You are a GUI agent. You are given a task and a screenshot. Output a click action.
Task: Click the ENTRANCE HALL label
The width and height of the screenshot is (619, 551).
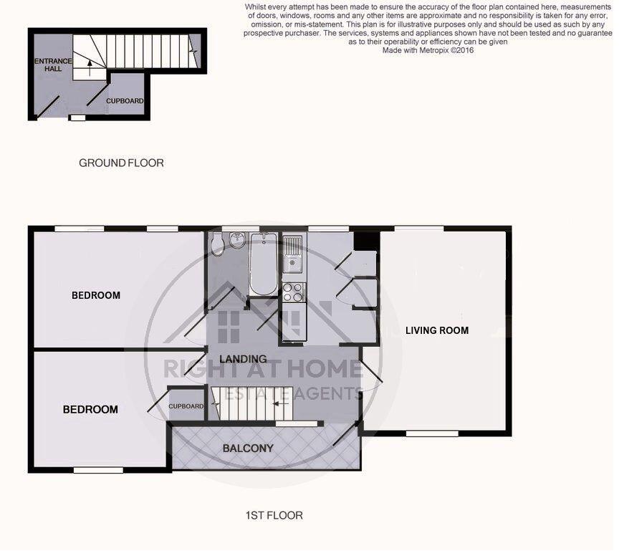(53, 65)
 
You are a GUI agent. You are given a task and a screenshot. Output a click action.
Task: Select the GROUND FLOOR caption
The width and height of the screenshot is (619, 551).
(121, 163)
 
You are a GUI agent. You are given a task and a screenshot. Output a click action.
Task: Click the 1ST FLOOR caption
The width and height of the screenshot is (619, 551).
(274, 515)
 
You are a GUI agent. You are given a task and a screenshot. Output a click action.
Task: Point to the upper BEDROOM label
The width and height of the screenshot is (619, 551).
(95, 295)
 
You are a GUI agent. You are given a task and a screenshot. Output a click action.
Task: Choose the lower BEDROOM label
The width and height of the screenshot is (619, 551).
(90, 410)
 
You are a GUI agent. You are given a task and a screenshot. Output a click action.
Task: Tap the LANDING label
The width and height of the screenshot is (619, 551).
(243, 359)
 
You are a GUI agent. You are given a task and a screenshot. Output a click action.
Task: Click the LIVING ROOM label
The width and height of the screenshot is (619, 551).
(437, 330)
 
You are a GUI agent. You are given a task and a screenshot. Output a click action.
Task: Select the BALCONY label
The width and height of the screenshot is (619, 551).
(248, 449)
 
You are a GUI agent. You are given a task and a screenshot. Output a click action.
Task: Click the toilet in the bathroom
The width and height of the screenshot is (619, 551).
(219, 246)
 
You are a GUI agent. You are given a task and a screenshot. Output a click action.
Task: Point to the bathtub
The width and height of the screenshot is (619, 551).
(263, 265)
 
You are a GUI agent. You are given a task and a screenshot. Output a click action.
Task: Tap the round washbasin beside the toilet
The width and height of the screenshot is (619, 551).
(237, 242)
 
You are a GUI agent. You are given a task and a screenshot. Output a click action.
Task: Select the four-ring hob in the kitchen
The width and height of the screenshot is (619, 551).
(294, 292)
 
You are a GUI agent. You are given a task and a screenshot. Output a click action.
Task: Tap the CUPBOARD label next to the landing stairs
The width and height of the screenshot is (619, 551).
(186, 407)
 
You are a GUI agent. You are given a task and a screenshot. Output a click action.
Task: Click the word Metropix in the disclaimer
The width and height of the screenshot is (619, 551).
(428, 51)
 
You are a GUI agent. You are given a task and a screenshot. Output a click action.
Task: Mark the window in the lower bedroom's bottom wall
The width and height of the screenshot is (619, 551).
(98, 471)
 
